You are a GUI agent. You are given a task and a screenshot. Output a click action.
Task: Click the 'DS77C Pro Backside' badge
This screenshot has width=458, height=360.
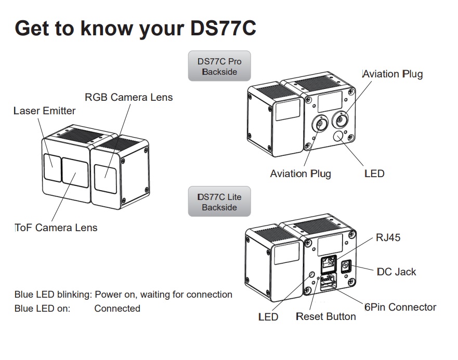[x=219, y=66]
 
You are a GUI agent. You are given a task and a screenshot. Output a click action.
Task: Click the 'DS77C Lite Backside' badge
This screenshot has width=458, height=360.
[x=219, y=202]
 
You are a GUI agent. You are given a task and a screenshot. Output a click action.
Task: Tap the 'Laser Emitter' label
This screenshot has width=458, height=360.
[x=44, y=111]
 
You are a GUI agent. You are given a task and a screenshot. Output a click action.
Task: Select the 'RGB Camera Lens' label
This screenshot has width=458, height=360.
[x=129, y=97]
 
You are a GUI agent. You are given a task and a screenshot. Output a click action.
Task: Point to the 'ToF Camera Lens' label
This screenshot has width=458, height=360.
[x=56, y=228]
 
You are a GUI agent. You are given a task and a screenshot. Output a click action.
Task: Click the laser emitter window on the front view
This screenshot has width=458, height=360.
[x=53, y=168]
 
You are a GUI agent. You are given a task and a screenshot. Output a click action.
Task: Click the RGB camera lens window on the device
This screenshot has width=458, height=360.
[x=106, y=179]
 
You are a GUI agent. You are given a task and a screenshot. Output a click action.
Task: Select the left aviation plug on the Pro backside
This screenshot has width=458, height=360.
[x=320, y=124]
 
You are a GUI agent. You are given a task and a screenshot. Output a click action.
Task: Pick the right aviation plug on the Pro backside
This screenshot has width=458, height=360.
[x=341, y=119]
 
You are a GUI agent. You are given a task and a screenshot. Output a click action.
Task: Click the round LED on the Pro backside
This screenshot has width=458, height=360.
[x=338, y=136]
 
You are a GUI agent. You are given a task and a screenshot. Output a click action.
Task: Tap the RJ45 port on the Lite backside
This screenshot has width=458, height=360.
[x=329, y=263]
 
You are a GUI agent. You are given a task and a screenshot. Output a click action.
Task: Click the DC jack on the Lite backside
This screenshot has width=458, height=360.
[x=346, y=266]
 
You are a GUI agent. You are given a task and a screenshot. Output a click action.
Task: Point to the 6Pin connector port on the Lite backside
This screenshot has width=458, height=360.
[x=329, y=282]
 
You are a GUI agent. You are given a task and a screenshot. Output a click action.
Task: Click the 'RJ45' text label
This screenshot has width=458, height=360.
[x=388, y=238]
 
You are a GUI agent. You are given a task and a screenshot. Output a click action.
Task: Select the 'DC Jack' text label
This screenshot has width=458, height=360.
[x=396, y=272]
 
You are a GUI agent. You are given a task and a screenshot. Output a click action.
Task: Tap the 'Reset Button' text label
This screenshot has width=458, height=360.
[x=325, y=316]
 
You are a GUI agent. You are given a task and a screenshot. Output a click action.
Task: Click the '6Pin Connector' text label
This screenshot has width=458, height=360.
[x=400, y=307]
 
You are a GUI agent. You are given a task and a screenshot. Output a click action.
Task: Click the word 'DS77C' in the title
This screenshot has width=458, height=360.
[x=223, y=29]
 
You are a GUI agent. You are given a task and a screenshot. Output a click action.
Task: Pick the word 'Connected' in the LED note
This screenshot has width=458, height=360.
[x=117, y=309]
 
